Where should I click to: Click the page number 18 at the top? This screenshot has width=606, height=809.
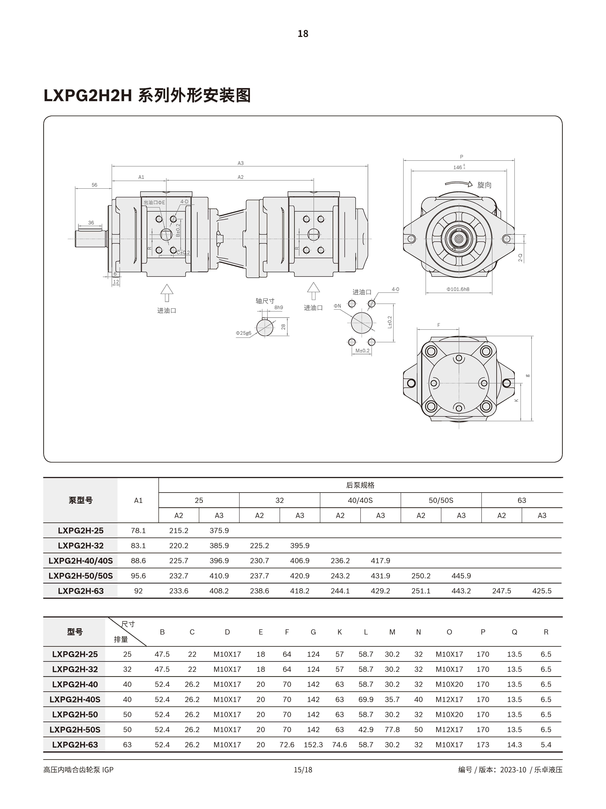pos(303,34)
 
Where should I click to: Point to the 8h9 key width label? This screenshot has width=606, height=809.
pos(279,308)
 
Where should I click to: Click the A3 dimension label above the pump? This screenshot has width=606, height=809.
pos(240,163)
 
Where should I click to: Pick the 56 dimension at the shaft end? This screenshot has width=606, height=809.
pos(94,185)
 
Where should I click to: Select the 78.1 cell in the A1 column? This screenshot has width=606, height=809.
pos(138,530)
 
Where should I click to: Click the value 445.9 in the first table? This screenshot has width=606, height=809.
pos(461,576)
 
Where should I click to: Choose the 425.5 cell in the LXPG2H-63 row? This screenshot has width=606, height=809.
pos(542,591)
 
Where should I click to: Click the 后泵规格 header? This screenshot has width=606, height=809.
pos(360,485)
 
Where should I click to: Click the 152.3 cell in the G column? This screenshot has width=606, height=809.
pos(313,745)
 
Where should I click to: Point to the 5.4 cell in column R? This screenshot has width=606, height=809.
pos(546,745)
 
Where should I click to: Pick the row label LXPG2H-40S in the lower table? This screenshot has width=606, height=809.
pos(75,699)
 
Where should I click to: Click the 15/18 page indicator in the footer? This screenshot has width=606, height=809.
pos(303,769)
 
